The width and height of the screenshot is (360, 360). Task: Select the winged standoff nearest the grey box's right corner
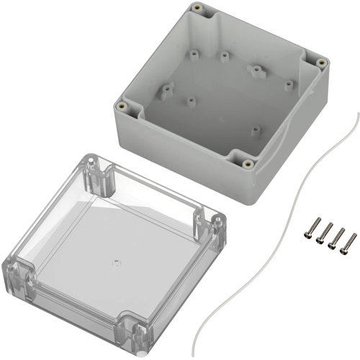point(256,71)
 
